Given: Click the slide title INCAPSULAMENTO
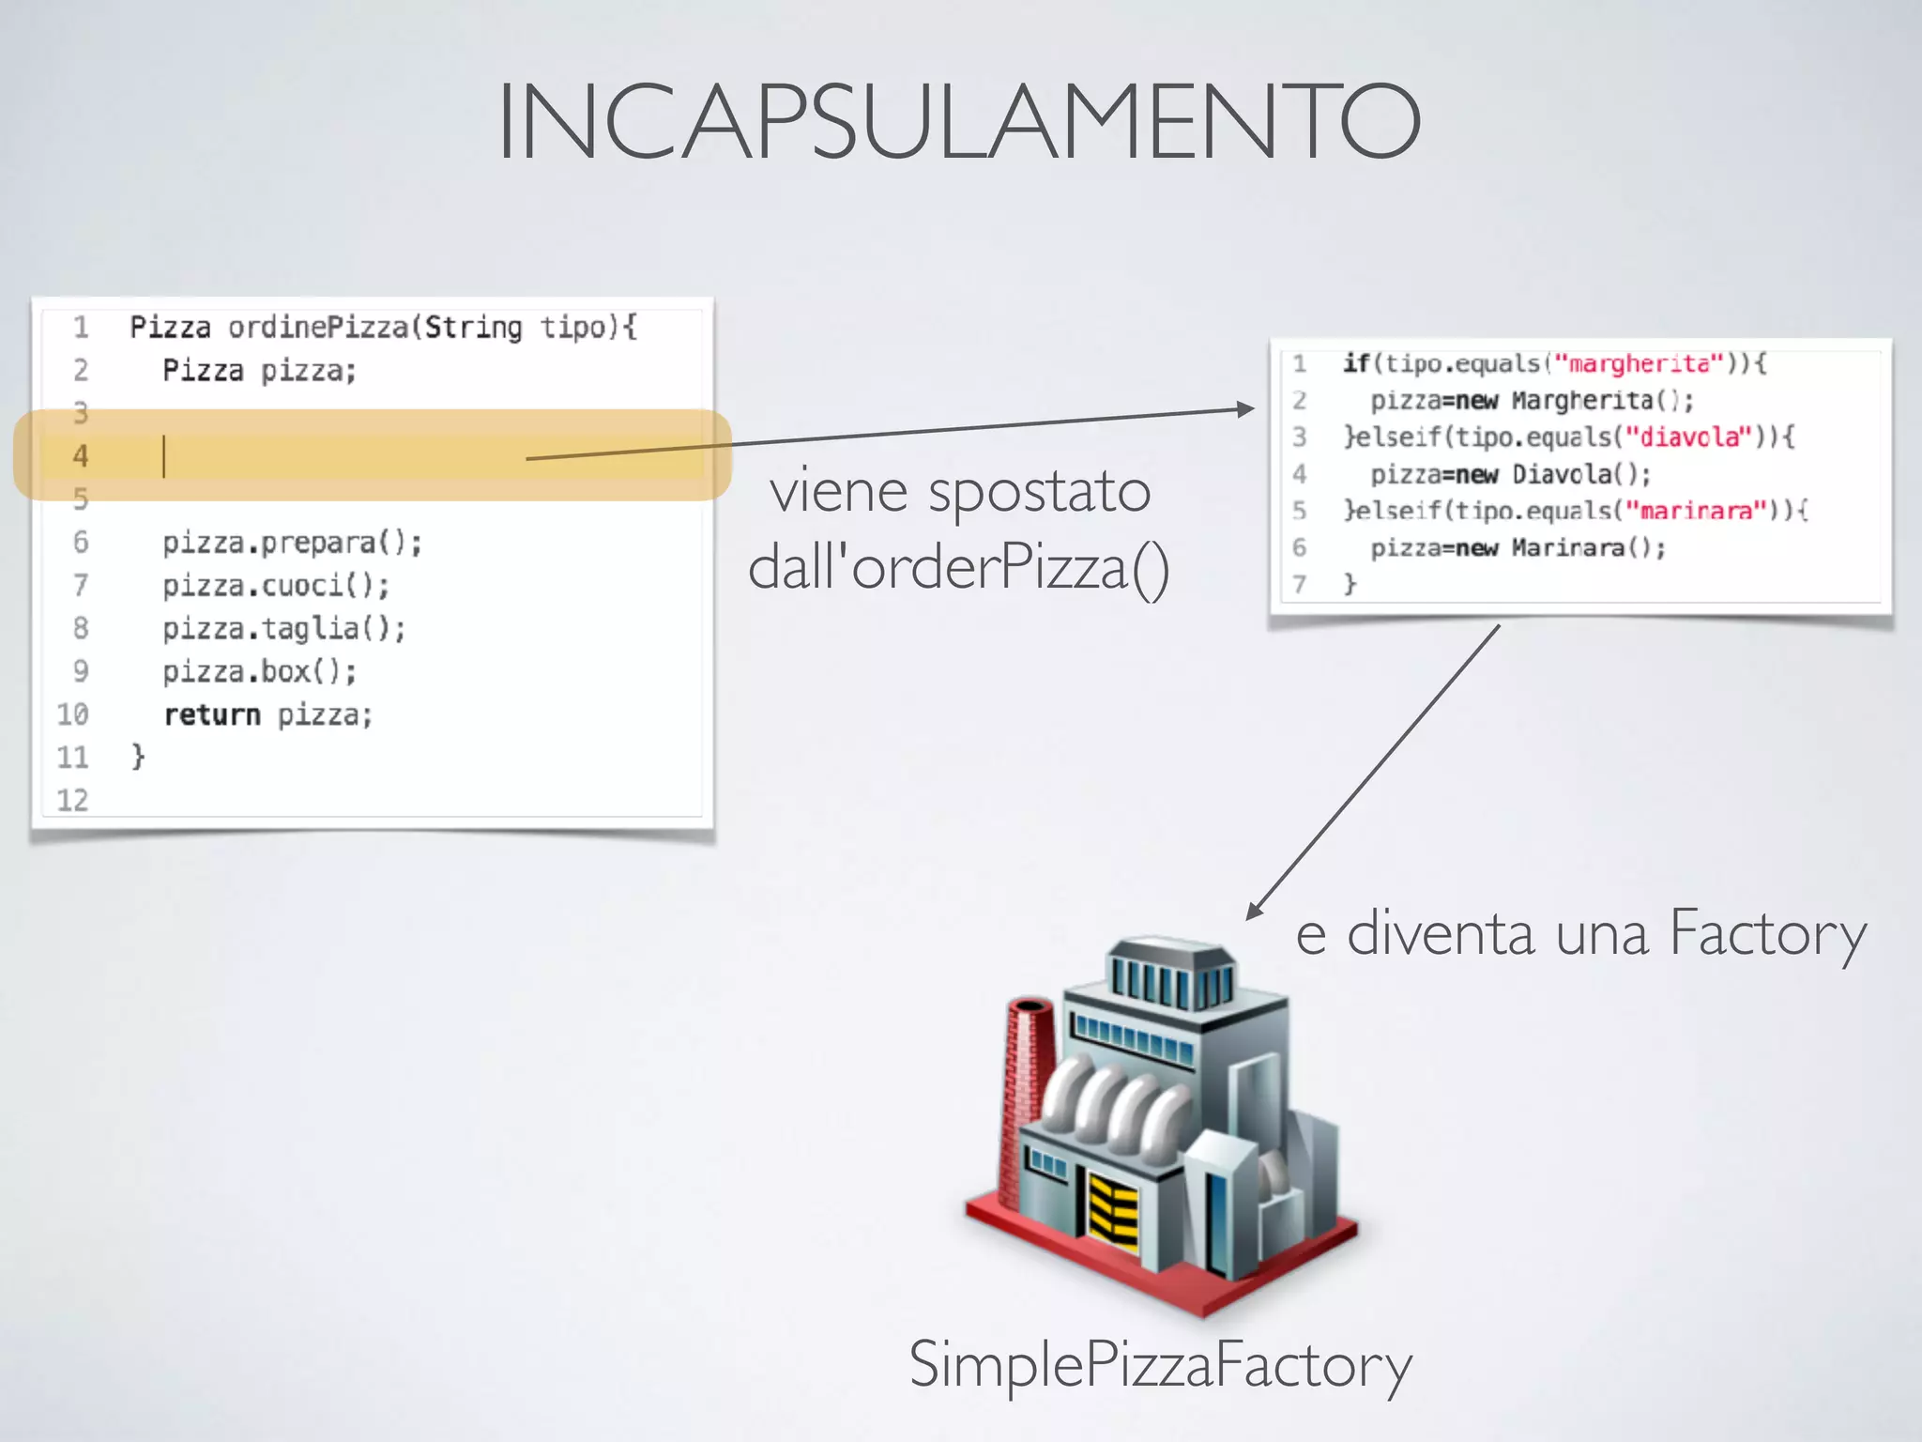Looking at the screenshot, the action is [x=959, y=122].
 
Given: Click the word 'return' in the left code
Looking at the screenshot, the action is [x=212, y=715].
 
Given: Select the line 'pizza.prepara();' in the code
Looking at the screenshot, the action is [x=292, y=543].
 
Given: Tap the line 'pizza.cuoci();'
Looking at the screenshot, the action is [x=275, y=586].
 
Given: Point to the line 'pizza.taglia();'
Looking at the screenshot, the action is [x=283, y=628].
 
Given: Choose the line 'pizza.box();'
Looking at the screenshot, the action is [x=259, y=672].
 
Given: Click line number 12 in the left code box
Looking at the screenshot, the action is [x=72, y=800].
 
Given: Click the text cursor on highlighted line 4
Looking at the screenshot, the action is [x=164, y=456].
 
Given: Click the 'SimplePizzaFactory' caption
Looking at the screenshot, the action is [x=1160, y=1365].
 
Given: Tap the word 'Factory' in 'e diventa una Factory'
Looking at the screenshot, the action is [x=1767, y=934].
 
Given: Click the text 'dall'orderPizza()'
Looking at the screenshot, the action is [x=958, y=567].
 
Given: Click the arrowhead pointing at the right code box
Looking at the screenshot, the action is [x=1245, y=408].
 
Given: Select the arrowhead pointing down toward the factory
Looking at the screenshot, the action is [x=1254, y=911].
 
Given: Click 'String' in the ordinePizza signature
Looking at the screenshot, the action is [x=473, y=328].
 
